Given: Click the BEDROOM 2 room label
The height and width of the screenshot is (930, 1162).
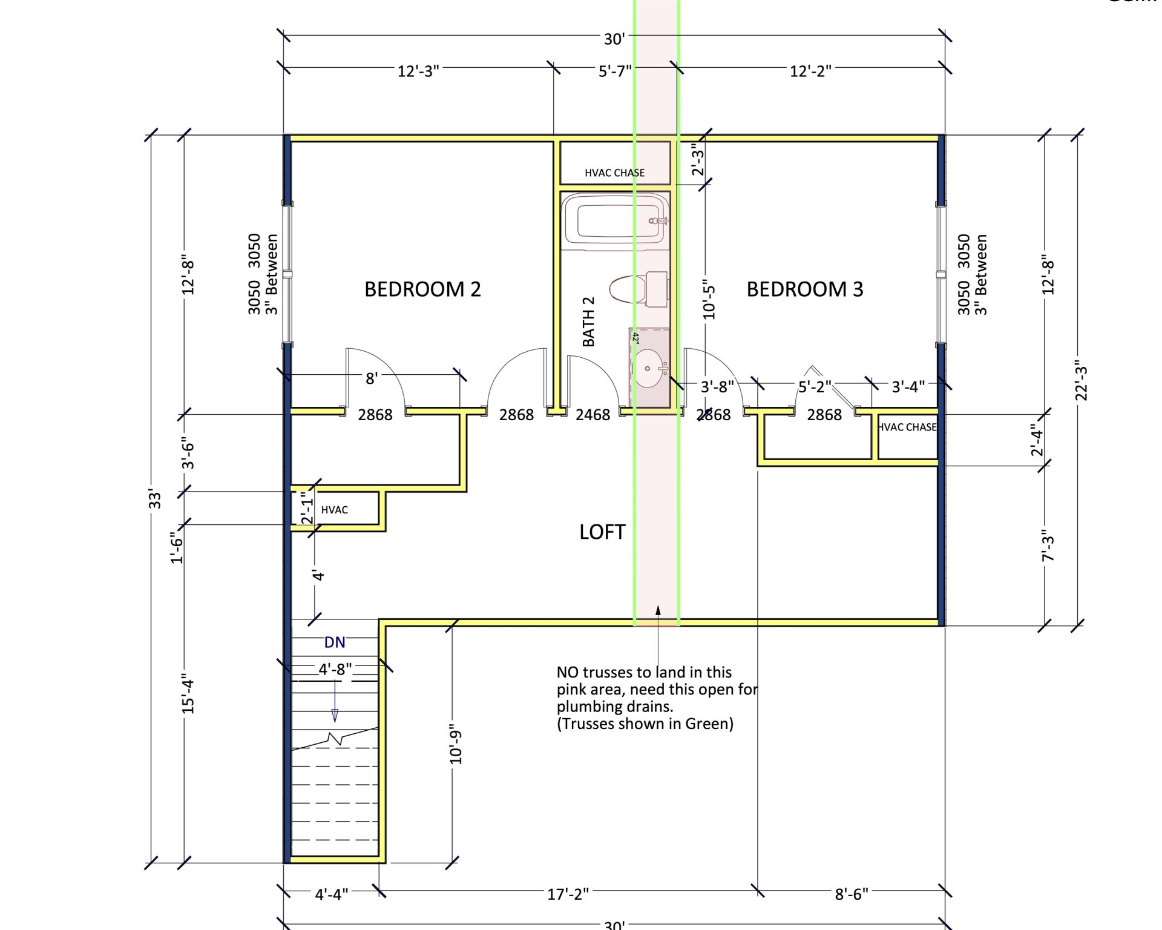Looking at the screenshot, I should (422, 289).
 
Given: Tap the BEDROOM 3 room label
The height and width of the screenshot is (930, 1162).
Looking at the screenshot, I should (804, 289).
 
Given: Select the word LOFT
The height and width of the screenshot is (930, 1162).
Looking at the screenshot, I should (602, 532).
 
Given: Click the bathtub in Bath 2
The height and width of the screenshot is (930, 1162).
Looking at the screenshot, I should (614, 222).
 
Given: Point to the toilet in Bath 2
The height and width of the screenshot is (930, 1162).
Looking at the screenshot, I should (638, 289).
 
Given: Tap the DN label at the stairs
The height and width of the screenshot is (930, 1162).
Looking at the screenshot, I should (335, 642).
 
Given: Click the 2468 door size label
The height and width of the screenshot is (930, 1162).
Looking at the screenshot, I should (592, 415).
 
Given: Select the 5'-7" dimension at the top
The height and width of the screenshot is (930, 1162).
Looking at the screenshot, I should (614, 71).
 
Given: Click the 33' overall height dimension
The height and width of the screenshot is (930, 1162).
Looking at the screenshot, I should (156, 499).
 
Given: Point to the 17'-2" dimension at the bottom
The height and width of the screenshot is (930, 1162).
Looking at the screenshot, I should (568, 894).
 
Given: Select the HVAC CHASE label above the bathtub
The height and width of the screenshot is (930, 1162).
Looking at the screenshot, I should (614, 173).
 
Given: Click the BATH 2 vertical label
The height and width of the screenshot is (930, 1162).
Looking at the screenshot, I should (588, 322).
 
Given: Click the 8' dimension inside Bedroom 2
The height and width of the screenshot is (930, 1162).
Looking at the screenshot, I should (372, 378).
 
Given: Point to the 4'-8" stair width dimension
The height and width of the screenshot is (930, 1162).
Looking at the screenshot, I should (335, 669).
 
